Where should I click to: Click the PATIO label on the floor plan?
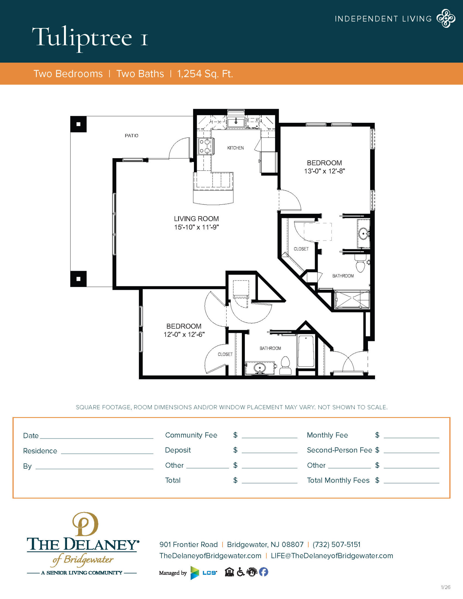(x=131, y=135)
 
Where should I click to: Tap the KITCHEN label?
(x=235, y=148)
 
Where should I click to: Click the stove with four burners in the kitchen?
(x=205, y=146)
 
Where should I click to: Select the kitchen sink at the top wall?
(x=236, y=122)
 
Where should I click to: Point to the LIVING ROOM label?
(x=196, y=218)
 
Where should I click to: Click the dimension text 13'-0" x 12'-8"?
(x=324, y=171)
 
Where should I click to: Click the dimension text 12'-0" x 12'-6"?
(x=184, y=334)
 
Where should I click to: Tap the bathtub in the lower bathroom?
(x=306, y=351)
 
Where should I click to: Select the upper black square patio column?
(x=78, y=124)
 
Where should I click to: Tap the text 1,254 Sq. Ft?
(x=205, y=74)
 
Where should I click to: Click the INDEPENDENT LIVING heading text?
(x=383, y=19)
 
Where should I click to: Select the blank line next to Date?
(x=97, y=436)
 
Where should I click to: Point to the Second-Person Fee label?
(x=339, y=450)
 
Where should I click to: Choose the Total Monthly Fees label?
(x=338, y=480)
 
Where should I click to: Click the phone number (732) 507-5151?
(x=336, y=544)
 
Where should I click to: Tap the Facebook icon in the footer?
(x=264, y=572)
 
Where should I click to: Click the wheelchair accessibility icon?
(x=240, y=572)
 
